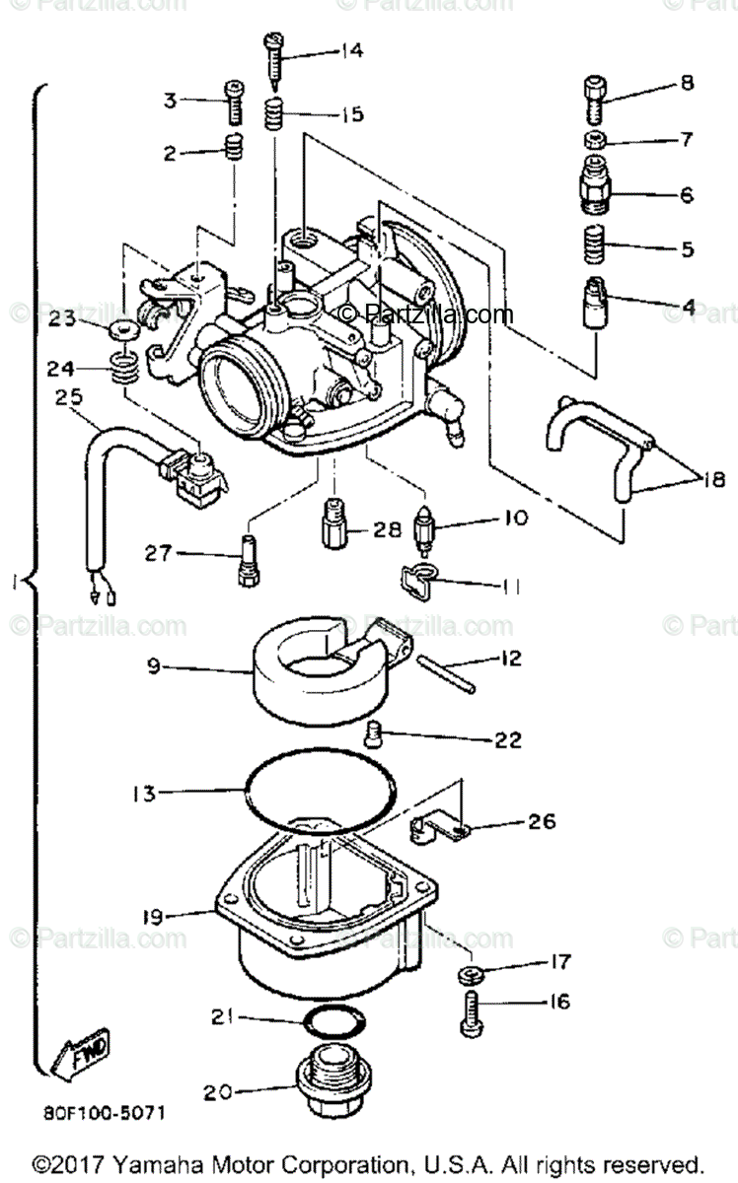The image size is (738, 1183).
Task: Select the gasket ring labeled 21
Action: pyautogui.click(x=333, y=1021)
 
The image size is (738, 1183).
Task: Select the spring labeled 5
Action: pyautogui.click(x=593, y=245)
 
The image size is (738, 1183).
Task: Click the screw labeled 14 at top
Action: pyautogui.click(x=274, y=61)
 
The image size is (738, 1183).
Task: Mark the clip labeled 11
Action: pyautogui.click(x=417, y=585)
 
